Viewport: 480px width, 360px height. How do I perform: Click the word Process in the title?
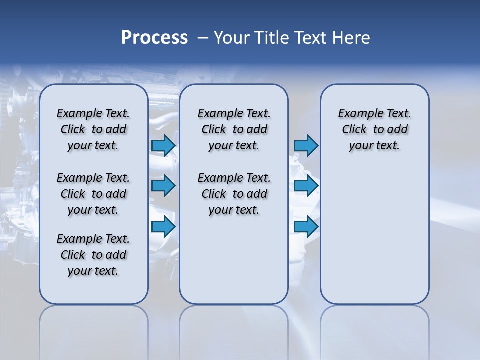[x=154, y=38]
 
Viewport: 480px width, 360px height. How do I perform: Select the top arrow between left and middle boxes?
[x=163, y=145]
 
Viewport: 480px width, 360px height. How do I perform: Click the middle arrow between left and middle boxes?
[x=163, y=186]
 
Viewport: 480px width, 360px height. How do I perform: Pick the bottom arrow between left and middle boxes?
[x=163, y=227]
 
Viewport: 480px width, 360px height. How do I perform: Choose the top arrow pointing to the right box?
[x=306, y=145]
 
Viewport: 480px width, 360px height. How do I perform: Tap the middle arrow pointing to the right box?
[x=306, y=186]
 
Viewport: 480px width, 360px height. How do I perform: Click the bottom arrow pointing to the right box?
[x=306, y=227]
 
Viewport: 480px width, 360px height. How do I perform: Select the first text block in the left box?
[x=93, y=129]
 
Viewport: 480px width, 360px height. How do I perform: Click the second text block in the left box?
[x=93, y=194]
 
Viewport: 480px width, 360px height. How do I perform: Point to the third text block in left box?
[x=93, y=255]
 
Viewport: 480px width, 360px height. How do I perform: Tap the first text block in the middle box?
[x=234, y=129]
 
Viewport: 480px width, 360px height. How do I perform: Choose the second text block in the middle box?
[x=234, y=194]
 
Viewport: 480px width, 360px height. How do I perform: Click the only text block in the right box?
[x=374, y=129]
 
